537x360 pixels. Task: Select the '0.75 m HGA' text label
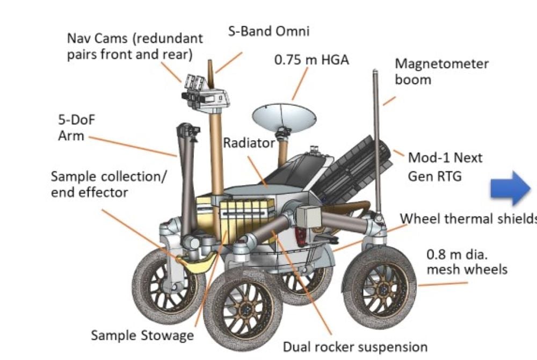[x=311, y=60]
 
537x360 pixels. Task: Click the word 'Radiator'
[x=249, y=143]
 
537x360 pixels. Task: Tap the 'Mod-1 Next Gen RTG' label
[x=445, y=166]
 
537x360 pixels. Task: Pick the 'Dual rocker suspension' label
[x=355, y=347]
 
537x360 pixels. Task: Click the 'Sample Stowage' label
[x=142, y=335]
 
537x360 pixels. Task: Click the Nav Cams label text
[x=135, y=46]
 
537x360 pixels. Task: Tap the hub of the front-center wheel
[x=244, y=308]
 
